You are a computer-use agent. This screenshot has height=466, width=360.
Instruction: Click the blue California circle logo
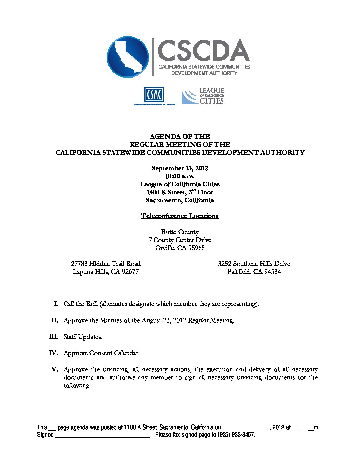(128, 57)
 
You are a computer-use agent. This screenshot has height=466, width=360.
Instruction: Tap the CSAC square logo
(154, 95)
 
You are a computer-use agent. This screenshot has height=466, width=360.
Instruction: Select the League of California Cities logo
(203, 96)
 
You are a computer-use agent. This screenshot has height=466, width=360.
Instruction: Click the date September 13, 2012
(180, 168)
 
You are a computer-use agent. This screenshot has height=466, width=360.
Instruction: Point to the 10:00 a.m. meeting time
(180, 176)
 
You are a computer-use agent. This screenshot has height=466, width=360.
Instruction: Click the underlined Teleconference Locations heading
(180, 216)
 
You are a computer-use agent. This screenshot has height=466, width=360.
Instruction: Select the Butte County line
(180, 232)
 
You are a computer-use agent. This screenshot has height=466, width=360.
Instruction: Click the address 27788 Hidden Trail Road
(106, 264)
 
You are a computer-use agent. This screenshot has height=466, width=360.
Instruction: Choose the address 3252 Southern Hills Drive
(254, 264)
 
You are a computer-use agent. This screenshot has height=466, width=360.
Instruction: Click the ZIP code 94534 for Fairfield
(272, 272)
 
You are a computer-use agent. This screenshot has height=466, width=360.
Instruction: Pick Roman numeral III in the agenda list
(53, 337)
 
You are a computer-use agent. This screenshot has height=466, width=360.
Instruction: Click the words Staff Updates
(82, 337)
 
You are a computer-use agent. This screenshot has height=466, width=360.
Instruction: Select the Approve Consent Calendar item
(101, 353)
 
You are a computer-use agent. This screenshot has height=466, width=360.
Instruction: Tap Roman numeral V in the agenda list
(55, 369)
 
